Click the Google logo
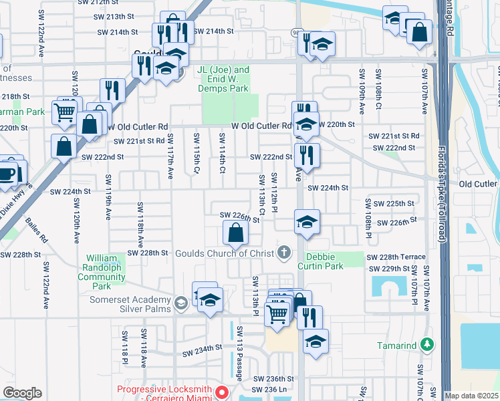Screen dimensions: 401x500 23,393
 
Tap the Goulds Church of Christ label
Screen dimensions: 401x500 225,253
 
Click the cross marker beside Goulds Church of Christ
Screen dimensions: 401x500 284,252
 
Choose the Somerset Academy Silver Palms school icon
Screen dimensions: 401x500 180,304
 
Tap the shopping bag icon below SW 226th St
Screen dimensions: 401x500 235,233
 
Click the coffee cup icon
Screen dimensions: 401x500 7,173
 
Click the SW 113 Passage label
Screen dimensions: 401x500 239,354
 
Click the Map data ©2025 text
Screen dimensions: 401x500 471,396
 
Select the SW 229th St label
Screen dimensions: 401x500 392,268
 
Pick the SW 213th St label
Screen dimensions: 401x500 116,16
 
